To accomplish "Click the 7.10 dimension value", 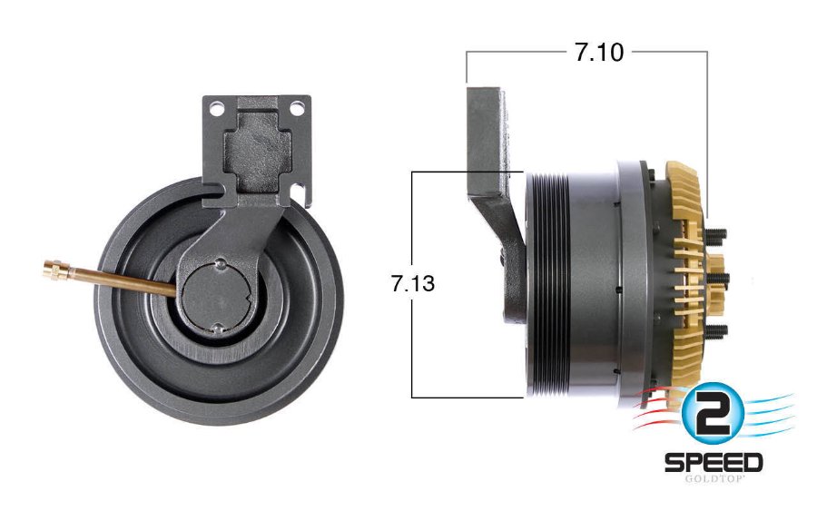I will point(598,53).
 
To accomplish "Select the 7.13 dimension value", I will point(413,283).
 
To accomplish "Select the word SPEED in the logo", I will point(714,462).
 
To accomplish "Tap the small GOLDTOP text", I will point(714,479).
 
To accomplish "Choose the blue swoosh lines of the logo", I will point(768,413).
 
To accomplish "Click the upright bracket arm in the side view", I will point(488,136).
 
